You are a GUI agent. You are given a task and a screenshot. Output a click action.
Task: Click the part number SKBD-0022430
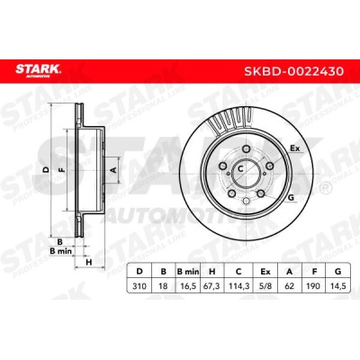(x=293, y=71)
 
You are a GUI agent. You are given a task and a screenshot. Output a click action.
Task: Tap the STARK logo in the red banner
(x=38, y=70)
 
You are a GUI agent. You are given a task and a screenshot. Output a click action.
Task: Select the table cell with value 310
(x=139, y=286)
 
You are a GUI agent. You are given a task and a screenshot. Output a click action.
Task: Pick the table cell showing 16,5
(x=188, y=286)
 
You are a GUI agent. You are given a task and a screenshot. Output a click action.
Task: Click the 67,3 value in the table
(x=212, y=286)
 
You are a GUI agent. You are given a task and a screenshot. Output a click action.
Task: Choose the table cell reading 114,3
(x=238, y=286)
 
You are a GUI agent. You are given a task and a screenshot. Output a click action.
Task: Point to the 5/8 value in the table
(x=265, y=286)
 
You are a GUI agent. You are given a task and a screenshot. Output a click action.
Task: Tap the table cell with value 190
(x=314, y=286)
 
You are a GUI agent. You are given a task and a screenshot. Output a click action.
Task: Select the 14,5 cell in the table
(x=338, y=286)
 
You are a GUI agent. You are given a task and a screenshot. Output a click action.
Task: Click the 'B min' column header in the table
(x=188, y=272)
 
